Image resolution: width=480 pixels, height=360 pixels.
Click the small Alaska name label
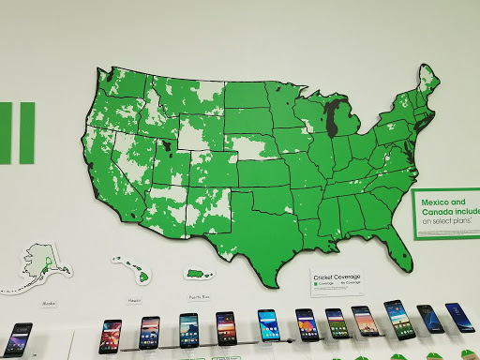click(x=50, y=305)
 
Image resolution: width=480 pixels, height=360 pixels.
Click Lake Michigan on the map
click(x=329, y=120)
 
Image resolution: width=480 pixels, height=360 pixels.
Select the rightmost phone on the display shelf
click(x=459, y=317)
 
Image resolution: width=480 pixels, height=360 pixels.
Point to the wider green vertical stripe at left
click(x=26, y=133)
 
